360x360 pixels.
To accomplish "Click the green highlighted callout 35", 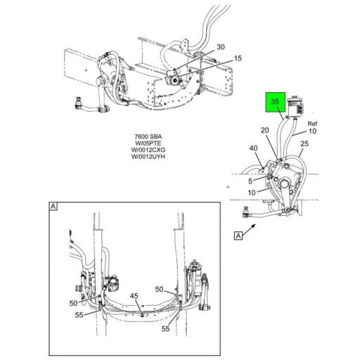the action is (x=275, y=102).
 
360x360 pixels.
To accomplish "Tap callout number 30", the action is (x=221, y=47).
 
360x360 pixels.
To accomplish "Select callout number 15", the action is (x=238, y=58).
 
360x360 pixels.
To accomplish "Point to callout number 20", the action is (x=265, y=130).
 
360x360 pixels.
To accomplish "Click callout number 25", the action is (x=304, y=143).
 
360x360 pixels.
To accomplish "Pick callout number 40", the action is (x=253, y=148).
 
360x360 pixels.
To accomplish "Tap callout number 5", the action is (x=250, y=181).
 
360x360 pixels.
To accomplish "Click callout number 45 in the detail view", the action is (x=134, y=296).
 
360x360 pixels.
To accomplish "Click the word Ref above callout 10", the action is (x=312, y=124).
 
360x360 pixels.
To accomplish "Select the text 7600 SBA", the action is (x=148, y=136).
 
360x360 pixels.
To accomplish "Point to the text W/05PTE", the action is (x=148, y=143).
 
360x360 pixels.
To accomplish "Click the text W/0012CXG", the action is (x=148, y=150).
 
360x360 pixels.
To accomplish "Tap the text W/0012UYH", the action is (x=148, y=156).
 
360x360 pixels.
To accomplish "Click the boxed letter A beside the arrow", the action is (x=238, y=236).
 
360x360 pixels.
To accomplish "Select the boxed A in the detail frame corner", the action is (x=53, y=207).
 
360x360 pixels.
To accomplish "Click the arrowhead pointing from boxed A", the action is (x=253, y=226).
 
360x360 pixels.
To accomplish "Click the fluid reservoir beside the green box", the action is (x=295, y=108).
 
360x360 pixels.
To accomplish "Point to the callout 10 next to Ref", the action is (x=313, y=131).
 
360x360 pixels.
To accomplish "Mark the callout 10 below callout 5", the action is (x=252, y=193).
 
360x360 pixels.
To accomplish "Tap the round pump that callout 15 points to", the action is (x=174, y=80).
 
